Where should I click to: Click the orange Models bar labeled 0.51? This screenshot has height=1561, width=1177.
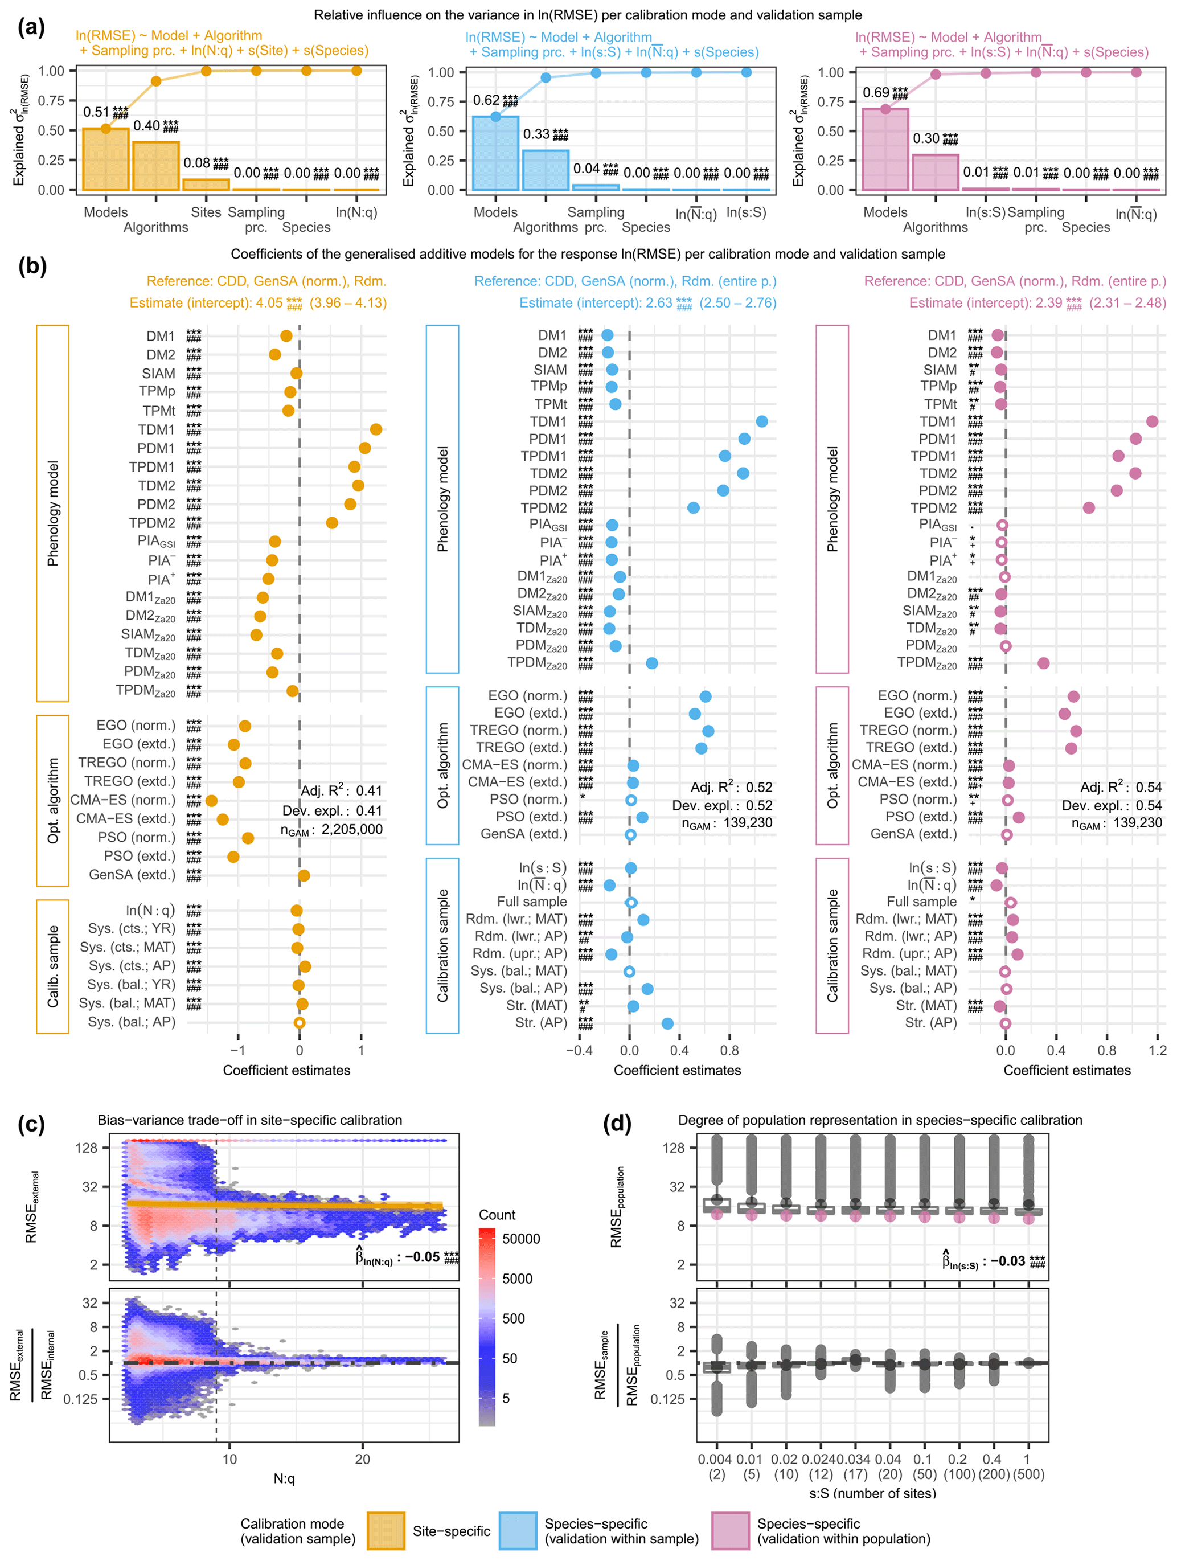click(106, 159)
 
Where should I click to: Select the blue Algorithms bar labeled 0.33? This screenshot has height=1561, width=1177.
click(546, 170)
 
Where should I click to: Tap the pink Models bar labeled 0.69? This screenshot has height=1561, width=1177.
click(885, 150)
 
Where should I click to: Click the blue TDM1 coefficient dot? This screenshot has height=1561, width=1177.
click(761, 421)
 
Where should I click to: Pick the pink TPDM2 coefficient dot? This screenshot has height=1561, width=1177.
click(1089, 507)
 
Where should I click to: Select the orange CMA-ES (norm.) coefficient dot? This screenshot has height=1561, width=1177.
click(211, 800)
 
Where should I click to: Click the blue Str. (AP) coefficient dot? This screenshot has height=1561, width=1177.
click(667, 1023)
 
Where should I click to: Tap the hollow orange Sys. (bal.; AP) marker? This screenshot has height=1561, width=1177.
click(299, 1023)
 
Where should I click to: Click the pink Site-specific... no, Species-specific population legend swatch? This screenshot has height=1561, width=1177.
click(729, 1531)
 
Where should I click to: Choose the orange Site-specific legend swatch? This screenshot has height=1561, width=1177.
click(386, 1531)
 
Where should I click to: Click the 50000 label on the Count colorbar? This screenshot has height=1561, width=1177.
click(521, 1239)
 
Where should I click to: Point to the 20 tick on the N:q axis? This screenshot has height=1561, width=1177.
click(362, 1460)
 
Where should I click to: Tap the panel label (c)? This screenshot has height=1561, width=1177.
click(31, 1124)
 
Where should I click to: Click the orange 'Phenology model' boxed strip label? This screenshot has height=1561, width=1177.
click(53, 513)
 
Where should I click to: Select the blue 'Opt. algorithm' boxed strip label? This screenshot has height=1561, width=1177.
click(442, 765)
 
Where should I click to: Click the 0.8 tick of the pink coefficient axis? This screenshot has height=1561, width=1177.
click(1106, 1050)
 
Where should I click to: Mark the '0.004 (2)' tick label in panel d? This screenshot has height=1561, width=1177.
click(716, 1466)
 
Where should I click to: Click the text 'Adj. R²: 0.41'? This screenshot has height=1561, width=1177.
click(342, 790)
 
